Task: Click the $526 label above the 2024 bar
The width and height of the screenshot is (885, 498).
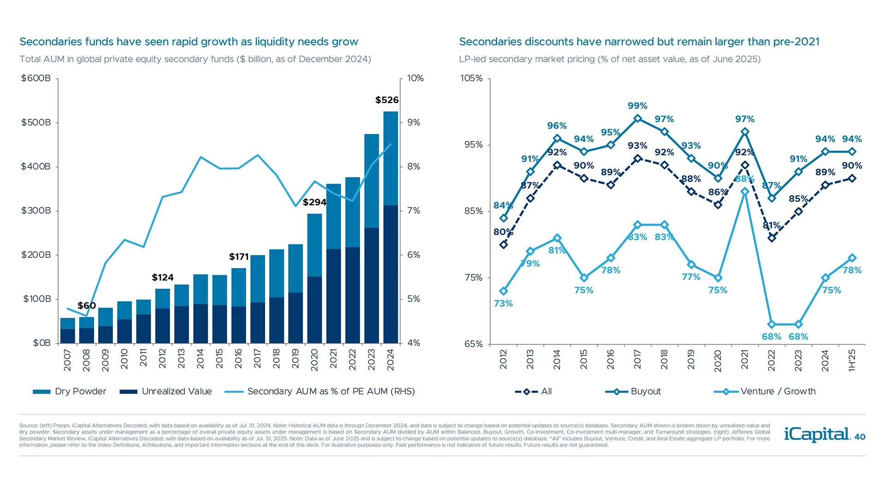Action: (387, 100)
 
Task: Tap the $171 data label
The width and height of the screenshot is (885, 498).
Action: (239, 257)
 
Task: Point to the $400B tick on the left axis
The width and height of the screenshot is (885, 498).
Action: (36, 166)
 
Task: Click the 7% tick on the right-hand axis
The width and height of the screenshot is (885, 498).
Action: (413, 211)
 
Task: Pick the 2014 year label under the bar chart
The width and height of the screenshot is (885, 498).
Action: (201, 359)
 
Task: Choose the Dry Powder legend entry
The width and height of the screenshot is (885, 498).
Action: (69, 391)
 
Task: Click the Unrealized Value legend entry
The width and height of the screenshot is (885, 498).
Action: (166, 391)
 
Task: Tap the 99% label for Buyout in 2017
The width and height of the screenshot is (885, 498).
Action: (637, 106)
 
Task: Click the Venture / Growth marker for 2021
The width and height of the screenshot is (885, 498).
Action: (745, 191)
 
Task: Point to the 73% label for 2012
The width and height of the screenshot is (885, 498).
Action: (503, 303)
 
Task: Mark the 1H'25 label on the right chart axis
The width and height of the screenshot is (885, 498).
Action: (852, 360)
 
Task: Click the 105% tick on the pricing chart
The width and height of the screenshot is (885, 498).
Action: (472, 78)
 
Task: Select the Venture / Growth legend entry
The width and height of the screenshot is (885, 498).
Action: (765, 391)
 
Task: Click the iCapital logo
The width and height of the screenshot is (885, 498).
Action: (817, 434)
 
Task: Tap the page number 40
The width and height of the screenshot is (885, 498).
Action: (860, 437)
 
